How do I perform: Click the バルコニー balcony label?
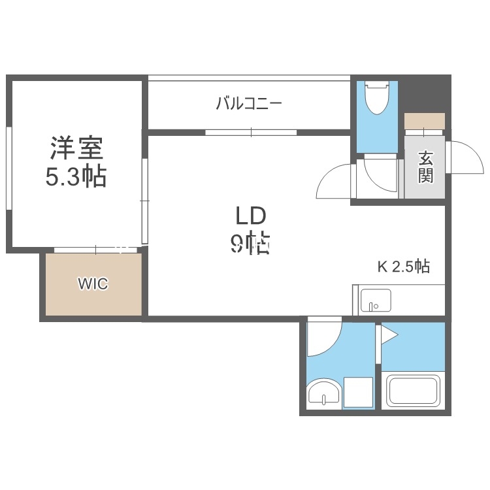[x=248, y=103]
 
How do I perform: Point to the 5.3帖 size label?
[x=76, y=177]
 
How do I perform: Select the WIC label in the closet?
[x=93, y=284]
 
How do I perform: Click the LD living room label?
[x=249, y=216]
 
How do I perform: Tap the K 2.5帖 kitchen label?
[x=404, y=267]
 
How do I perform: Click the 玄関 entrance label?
[x=426, y=167]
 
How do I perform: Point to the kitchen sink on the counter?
[x=376, y=301]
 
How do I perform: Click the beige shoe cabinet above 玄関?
[x=425, y=122]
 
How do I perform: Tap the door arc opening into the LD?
[x=335, y=180]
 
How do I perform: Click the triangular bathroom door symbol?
[x=389, y=335]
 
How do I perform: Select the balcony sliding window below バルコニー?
[x=251, y=132]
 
